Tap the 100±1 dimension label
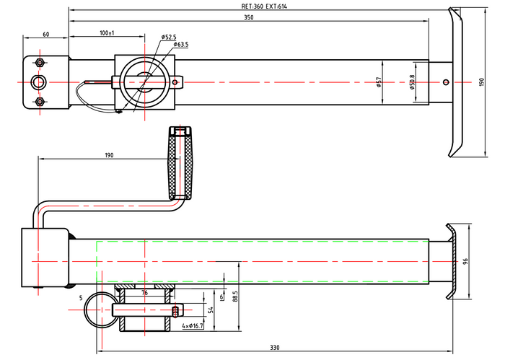107,33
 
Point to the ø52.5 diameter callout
170,36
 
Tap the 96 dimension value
466,260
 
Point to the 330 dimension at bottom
274,348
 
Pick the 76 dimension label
144,293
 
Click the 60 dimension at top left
45,34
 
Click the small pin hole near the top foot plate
447,82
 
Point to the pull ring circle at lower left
97,310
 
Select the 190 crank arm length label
109,155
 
